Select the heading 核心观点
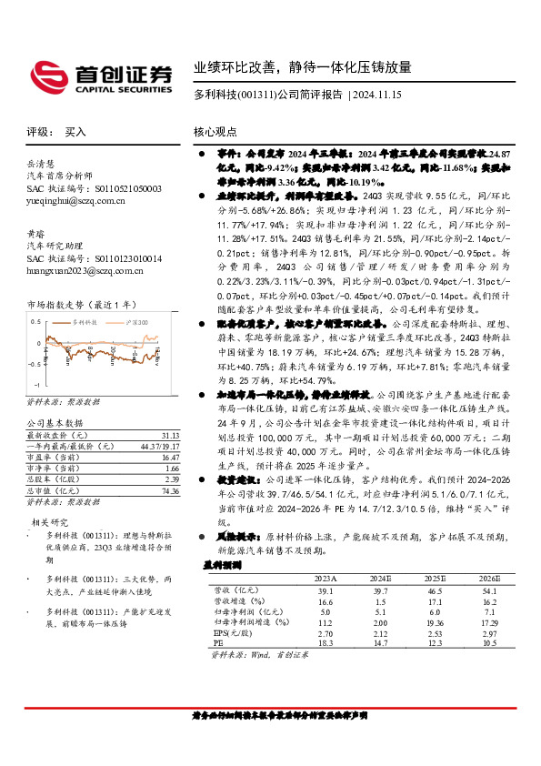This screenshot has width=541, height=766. coord(216,131)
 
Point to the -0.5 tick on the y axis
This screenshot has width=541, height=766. coord(35,364)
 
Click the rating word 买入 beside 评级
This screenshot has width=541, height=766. coord(76,131)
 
